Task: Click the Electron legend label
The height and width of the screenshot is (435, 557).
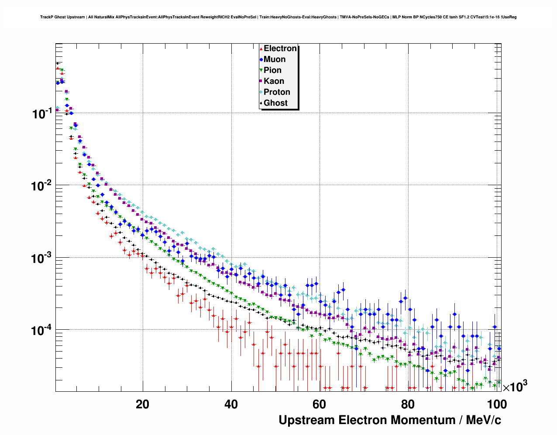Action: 280,48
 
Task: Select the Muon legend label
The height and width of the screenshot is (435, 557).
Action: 275,59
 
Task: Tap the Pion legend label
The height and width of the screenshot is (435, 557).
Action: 272,70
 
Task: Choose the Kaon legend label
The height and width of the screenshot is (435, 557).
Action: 274,81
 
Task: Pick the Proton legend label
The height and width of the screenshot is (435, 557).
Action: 277,92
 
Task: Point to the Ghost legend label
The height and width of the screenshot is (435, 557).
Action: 275,103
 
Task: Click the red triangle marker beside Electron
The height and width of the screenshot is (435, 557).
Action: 261,49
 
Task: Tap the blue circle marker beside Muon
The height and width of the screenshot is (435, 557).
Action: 261,60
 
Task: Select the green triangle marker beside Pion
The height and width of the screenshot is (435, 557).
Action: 261,71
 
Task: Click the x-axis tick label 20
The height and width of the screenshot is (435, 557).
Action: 142,404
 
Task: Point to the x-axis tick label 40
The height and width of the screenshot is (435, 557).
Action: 231,404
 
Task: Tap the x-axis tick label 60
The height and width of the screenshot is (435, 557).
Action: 319,404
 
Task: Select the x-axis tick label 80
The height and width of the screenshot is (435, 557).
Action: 408,404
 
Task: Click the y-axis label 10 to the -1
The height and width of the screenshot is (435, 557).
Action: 42,114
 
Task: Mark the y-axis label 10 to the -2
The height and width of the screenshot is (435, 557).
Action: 42,186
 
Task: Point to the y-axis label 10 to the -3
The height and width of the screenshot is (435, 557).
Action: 42,258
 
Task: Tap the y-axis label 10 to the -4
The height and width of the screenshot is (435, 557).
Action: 42,330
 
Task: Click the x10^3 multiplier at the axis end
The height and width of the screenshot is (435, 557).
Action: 515,387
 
